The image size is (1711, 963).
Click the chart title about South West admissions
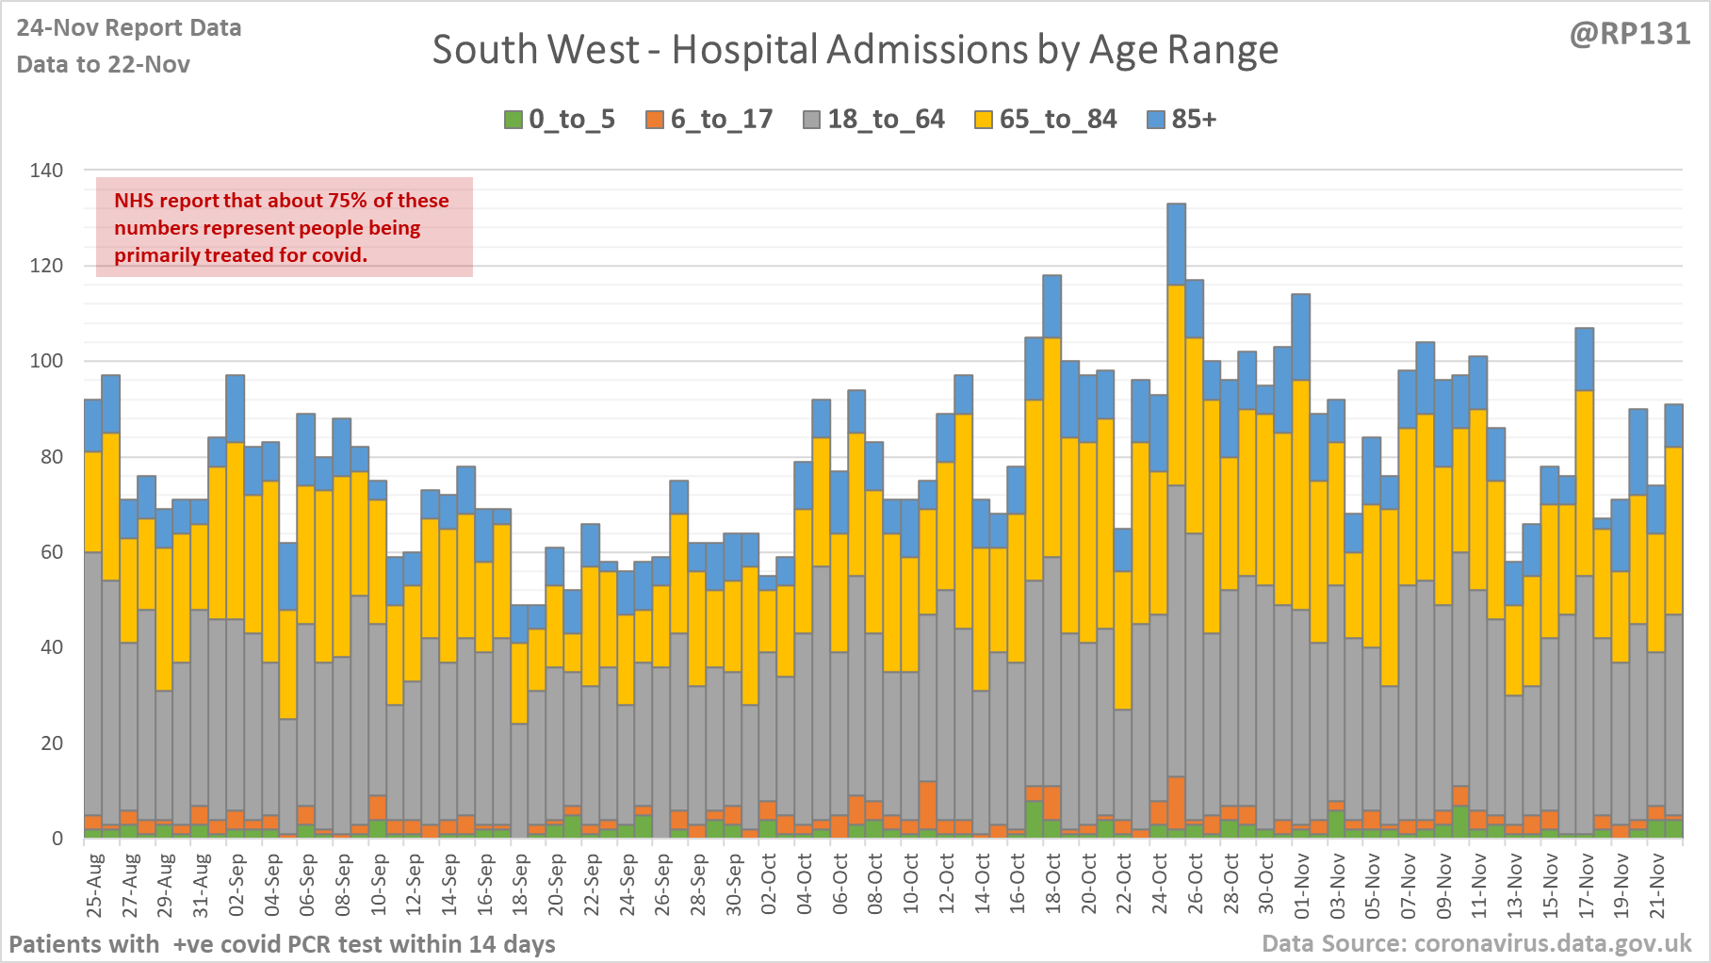click(855, 50)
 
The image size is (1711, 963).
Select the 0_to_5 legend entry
click(560, 120)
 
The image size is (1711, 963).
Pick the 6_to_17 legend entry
click(709, 120)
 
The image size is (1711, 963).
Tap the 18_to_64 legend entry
click(873, 120)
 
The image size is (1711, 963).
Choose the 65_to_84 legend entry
click(1046, 120)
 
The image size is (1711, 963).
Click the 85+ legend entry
click(1182, 120)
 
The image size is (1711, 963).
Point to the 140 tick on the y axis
click(47, 171)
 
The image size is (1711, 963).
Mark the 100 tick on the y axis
click(47, 361)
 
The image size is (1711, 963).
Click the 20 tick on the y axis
click(53, 743)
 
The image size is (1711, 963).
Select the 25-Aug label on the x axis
click(94, 886)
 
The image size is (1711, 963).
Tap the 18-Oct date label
click(1052, 886)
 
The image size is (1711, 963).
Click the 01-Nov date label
click(1301, 886)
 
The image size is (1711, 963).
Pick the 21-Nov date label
click(1656, 886)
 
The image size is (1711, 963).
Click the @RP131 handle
click(1629, 34)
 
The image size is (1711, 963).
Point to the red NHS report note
click(285, 227)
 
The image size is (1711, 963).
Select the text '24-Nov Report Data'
click(129, 28)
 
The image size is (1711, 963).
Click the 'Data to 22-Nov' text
click(104, 64)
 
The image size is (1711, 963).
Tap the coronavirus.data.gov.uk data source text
click(1476, 943)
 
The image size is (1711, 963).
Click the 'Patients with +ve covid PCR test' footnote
click(282, 943)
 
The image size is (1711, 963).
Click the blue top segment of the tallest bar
click(1176, 244)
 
